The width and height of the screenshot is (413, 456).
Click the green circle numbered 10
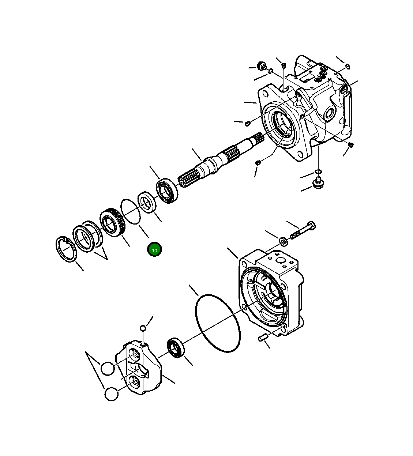[154, 250]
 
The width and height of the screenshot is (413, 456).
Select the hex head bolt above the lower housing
[303, 230]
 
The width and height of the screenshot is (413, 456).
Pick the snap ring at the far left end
[66, 250]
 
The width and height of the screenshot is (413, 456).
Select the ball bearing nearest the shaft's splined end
[167, 191]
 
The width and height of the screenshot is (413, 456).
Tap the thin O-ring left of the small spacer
[130, 211]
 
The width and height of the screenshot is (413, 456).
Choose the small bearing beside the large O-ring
[176, 348]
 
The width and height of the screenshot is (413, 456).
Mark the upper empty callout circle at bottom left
[108, 368]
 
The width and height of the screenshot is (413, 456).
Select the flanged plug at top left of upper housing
[262, 66]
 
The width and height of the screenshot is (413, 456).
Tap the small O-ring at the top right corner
[348, 66]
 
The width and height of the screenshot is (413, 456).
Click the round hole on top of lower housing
[281, 261]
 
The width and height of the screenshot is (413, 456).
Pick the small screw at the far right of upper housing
[351, 145]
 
